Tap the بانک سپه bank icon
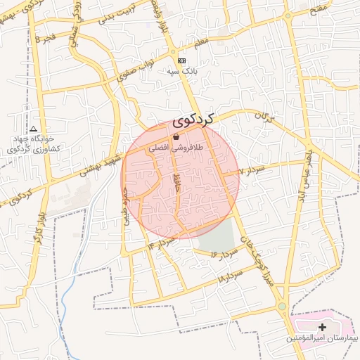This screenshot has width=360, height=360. [x=182, y=61]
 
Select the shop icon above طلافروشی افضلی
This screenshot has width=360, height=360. [x=176, y=136]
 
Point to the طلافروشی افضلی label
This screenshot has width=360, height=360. [x=176, y=149]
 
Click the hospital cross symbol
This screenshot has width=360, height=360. [x=323, y=327]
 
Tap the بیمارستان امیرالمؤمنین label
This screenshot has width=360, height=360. [x=322, y=339]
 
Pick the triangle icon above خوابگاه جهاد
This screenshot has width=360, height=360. [x=33, y=129]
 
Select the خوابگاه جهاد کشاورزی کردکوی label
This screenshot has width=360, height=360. [x=34, y=144]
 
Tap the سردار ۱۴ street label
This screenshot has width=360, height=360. [x=161, y=243]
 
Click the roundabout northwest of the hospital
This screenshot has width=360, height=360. [x=282, y=307]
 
